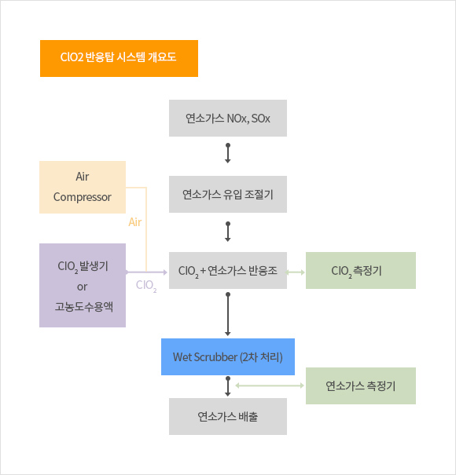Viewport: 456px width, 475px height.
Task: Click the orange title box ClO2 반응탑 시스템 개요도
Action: pos(119,58)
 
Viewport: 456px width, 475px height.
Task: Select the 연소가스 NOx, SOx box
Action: pos(228,118)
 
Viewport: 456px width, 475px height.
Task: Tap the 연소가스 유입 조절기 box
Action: pos(228,194)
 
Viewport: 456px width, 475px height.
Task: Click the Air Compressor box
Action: pos(83,187)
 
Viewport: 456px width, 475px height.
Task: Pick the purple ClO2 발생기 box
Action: pos(83,285)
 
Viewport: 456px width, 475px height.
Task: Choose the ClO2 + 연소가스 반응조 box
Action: pos(228,270)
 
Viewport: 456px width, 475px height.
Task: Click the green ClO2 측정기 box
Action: pos(361,270)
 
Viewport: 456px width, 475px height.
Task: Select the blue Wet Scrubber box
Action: pos(228,357)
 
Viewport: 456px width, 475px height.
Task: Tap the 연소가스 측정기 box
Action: pos(361,385)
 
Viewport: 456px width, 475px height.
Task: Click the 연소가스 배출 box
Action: pos(228,417)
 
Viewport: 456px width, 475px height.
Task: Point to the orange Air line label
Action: pos(135,222)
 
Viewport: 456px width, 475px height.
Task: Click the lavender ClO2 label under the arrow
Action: pos(146,286)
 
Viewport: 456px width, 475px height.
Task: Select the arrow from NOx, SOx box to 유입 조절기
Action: pos(228,153)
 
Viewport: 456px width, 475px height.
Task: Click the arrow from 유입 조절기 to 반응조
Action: pos(228,232)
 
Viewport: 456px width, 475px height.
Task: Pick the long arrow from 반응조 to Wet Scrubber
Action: pos(228,314)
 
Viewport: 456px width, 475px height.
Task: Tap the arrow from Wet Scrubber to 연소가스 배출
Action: pos(228,386)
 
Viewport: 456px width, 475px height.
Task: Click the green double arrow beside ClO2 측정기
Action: pos(296,272)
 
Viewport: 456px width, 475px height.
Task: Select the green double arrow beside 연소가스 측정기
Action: pos(270,385)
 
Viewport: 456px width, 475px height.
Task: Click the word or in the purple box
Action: pos(83,287)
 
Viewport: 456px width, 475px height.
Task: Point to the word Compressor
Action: pos(83,197)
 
